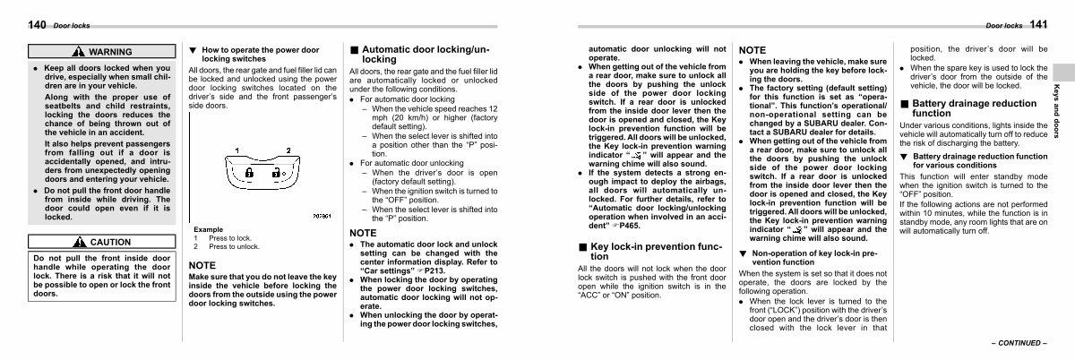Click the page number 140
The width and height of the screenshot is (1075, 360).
point(38,25)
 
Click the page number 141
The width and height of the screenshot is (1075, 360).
point(1039,24)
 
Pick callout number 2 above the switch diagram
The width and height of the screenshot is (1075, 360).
point(289,149)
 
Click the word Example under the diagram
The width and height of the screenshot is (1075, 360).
point(209,229)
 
